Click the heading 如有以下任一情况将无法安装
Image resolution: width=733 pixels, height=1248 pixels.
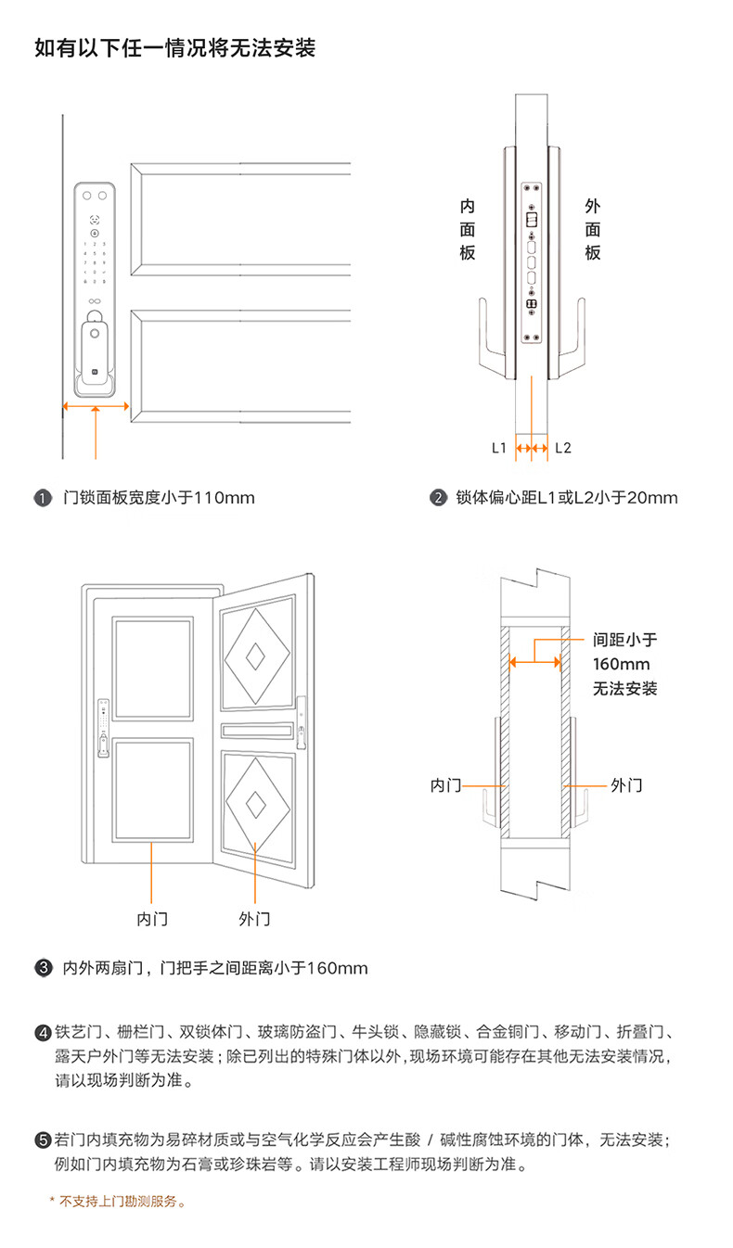pyautogui.click(x=175, y=48)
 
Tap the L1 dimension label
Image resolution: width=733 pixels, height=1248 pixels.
pyautogui.click(x=499, y=448)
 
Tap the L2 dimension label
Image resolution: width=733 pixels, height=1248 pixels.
pyautogui.click(x=563, y=448)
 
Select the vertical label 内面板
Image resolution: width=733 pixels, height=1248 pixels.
pyautogui.click(x=467, y=229)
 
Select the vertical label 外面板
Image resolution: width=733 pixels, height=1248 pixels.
pyautogui.click(x=593, y=229)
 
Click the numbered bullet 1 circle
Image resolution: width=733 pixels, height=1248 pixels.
pyautogui.click(x=43, y=498)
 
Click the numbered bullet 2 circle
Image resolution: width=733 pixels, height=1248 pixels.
pyautogui.click(x=439, y=498)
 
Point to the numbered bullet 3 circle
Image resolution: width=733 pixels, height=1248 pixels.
pyautogui.click(x=44, y=968)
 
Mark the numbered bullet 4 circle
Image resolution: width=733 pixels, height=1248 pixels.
pyautogui.click(x=43, y=1033)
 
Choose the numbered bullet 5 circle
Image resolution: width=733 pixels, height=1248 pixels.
pyautogui.click(x=43, y=1140)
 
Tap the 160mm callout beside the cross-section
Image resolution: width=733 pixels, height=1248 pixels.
pyautogui.click(x=622, y=664)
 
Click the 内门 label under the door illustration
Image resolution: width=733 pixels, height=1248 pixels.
pyautogui.click(x=152, y=919)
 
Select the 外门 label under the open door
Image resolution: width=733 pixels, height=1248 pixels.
pyautogui.click(x=255, y=919)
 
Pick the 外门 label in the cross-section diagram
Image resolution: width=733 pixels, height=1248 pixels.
pyautogui.click(x=626, y=785)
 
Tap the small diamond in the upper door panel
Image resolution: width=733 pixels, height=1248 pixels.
pyautogui.click(x=255, y=656)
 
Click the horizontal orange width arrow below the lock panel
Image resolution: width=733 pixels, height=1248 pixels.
pyautogui.click(x=96, y=406)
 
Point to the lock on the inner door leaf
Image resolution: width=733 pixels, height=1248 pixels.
pyautogui.click(x=104, y=728)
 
